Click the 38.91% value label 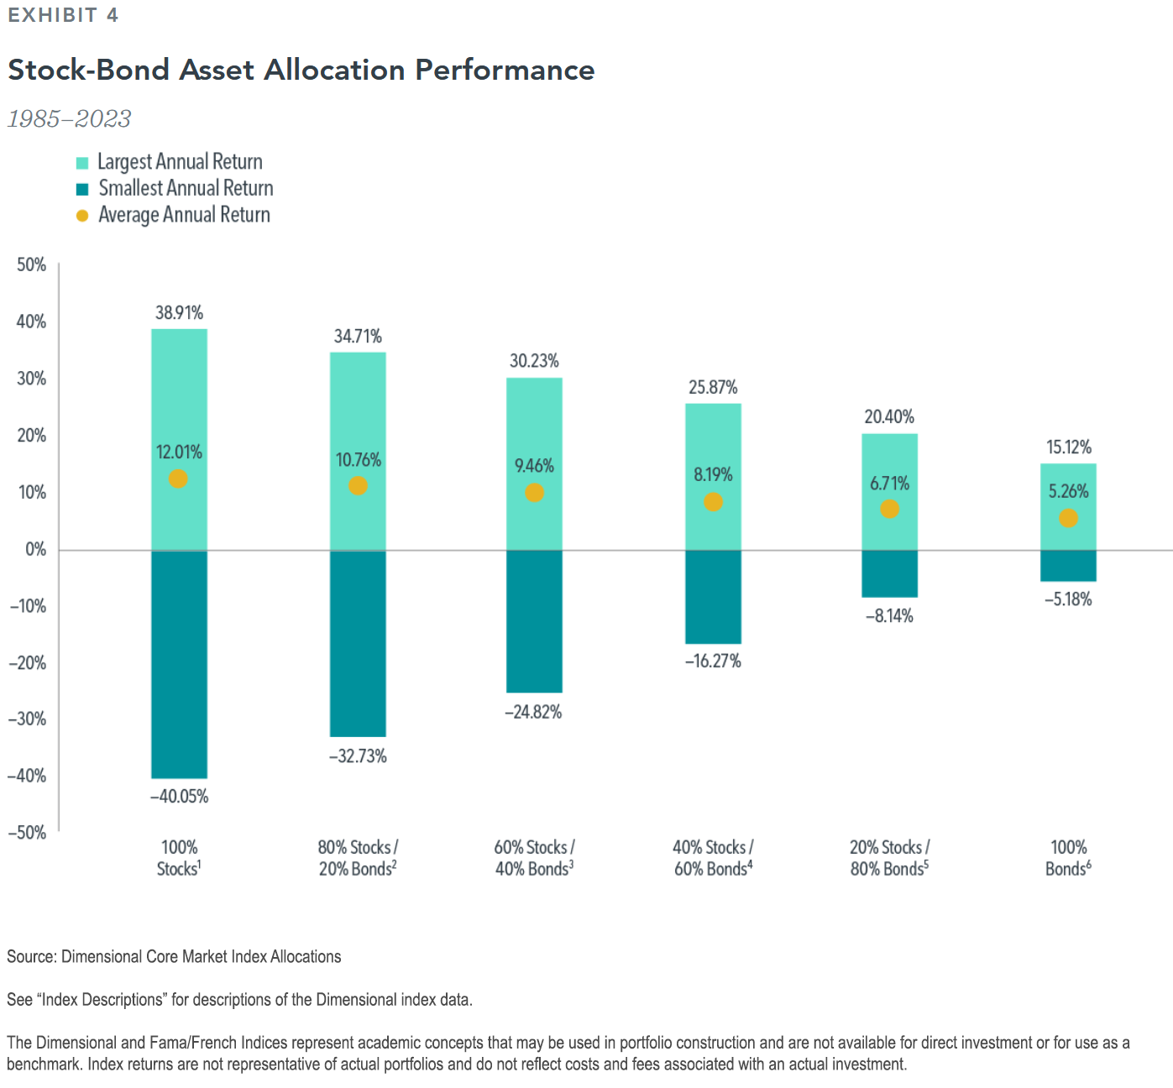[x=179, y=313]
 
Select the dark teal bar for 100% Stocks [x=179, y=663]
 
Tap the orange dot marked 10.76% [x=358, y=486]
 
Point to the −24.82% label [x=533, y=713]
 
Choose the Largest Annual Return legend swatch [x=82, y=163]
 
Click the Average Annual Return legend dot [x=82, y=216]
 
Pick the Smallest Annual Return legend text [x=186, y=188]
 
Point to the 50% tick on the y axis [x=32, y=265]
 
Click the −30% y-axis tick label [x=27, y=719]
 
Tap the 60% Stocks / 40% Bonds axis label [x=534, y=858]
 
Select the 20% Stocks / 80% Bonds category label [x=889, y=858]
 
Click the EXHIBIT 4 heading [x=63, y=15]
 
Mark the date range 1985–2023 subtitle [x=70, y=119]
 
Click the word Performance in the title [x=505, y=70]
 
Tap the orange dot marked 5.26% [x=1068, y=518]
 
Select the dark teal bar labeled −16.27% [x=713, y=596]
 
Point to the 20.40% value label [x=889, y=417]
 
